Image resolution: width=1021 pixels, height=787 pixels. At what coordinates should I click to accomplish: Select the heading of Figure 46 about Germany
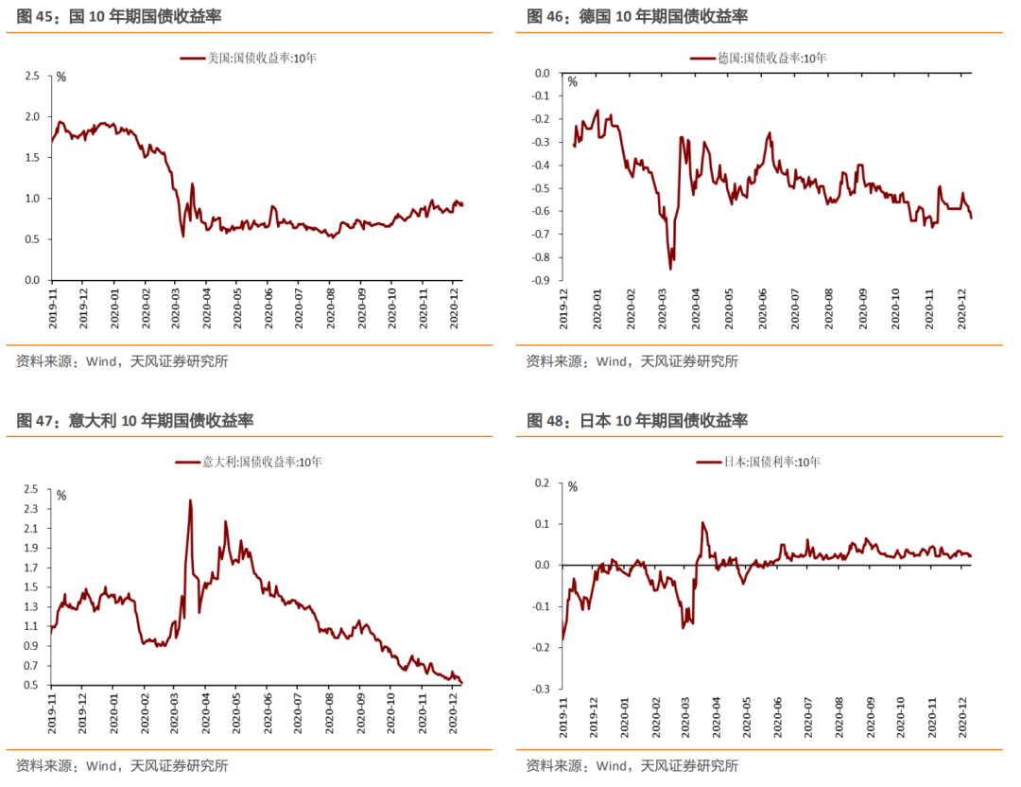coord(636,16)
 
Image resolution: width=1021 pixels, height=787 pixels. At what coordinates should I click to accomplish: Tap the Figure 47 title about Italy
coord(134,420)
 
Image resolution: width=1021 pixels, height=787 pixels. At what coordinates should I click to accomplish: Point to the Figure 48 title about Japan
coord(636,420)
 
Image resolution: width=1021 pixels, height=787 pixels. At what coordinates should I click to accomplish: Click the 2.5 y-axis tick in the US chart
coord(32,76)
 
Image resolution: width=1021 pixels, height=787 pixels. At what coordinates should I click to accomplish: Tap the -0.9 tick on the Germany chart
coord(542,280)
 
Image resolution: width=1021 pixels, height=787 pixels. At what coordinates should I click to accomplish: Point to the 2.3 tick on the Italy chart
coord(32,509)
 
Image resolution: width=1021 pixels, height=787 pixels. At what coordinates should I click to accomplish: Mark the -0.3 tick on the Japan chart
coord(542,689)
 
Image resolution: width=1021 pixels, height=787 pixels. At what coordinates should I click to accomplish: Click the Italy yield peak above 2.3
coord(190,500)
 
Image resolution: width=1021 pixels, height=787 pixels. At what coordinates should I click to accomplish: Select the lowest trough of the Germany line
coord(670,269)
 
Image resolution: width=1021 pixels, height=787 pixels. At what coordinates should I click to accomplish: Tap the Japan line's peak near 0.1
coord(702,522)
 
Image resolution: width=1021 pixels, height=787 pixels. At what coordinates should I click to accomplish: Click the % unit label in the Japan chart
coord(571,487)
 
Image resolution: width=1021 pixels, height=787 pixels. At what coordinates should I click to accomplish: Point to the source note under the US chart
coord(122,360)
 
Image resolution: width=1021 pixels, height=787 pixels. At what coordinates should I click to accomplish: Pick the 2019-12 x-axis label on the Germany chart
coord(563,306)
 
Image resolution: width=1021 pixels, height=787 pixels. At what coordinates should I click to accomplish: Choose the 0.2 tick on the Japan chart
coord(544,482)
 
